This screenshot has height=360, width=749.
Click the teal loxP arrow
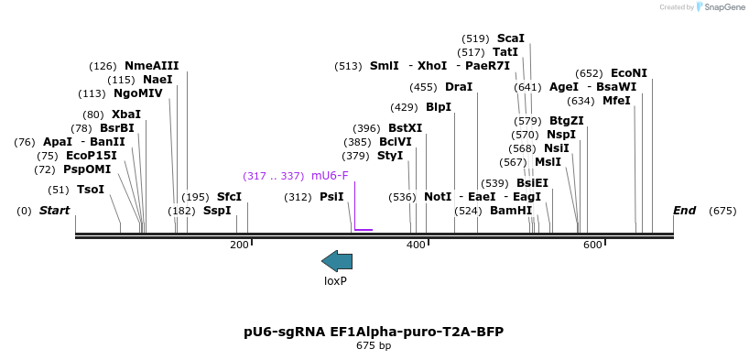coord(337,261)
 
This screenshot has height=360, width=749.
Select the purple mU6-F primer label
coord(330,175)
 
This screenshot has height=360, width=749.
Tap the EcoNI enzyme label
coord(629,73)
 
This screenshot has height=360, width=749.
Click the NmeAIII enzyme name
coord(152,65)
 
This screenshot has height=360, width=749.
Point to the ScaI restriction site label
coord(511,38)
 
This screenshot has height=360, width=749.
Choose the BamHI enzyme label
coord(511,211)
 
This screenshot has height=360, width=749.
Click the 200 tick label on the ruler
coord(239,245)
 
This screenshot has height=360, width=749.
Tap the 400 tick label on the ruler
coord(416,245)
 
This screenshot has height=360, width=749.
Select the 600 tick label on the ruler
coord(592,245)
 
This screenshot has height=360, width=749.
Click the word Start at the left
coord(55,211)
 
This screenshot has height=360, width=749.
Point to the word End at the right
coord(685,211)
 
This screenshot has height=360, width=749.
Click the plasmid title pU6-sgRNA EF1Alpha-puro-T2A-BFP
coord(374,331)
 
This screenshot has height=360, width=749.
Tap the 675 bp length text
coord(374,346)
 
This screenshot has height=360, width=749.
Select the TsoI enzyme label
coord(91,190)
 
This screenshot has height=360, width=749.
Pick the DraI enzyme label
coord(459,87)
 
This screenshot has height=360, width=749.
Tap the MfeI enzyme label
coord(616,101)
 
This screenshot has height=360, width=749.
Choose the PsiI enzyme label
coord(331,197)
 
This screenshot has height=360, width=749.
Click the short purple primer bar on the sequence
coord(364,229)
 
